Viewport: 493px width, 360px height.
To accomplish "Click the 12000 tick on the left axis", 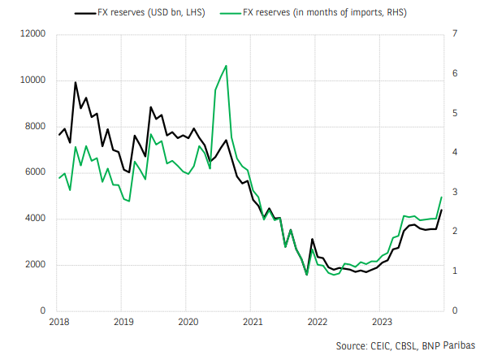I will [32, 34].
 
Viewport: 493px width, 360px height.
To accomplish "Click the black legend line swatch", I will [85, 13].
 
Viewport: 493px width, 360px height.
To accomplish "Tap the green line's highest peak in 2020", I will [226, 66].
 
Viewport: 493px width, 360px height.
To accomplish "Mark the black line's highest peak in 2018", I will [76, 82].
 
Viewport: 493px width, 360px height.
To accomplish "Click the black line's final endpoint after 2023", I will [441, 210].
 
